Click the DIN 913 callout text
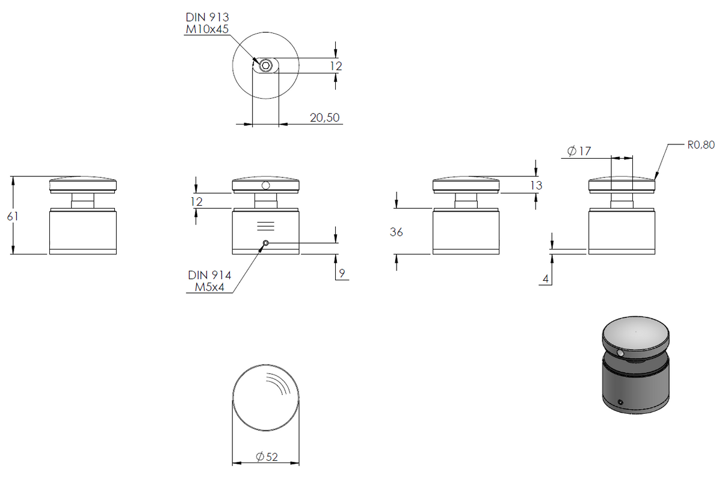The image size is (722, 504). [207, 17]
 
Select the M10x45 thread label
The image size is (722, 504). [207, 29]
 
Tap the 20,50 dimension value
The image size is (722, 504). [324, 118]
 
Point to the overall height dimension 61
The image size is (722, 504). [13, 217]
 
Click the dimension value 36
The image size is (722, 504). [396, 232]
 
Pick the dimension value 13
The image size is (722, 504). [536, 185]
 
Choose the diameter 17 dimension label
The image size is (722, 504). [579, 151]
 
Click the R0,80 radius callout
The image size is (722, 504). [701, 145]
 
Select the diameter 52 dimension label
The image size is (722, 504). [267, 456]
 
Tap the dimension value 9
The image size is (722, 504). [342, 273]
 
